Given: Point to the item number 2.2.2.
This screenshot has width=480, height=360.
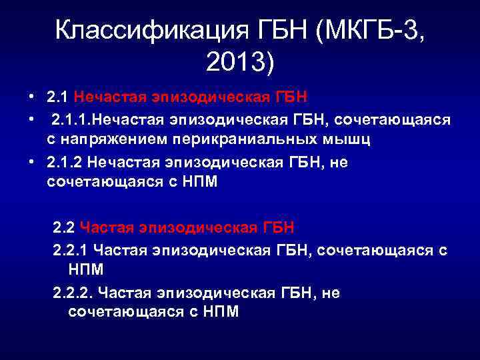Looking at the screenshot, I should (x=73, y=293).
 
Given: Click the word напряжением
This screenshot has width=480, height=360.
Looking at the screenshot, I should (x=115, y=140).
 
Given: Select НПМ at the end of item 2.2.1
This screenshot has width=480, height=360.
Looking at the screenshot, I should (x=87, y=270).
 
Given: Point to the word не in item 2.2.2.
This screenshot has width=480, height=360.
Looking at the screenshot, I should (x=331, y=293).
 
